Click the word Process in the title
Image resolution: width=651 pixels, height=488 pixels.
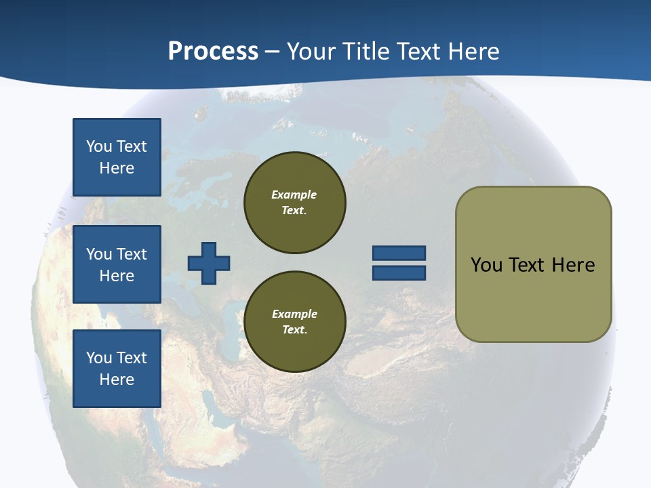213,52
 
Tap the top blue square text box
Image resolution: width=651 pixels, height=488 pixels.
117,157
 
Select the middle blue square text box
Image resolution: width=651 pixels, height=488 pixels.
117,264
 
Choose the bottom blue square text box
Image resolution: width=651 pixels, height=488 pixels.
117,369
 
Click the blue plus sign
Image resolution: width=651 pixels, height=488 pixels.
209,263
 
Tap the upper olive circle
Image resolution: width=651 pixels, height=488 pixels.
294,203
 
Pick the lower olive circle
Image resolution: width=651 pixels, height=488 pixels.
294,322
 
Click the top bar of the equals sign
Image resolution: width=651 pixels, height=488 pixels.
399,253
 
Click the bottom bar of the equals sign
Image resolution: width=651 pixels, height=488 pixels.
399,273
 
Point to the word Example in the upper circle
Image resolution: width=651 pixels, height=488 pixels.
294,195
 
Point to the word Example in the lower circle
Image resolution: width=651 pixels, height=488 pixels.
294,314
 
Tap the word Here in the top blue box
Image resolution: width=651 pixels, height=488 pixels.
117,168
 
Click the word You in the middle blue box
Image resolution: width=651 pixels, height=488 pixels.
98,254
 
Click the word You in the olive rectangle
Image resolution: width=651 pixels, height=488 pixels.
486,265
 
